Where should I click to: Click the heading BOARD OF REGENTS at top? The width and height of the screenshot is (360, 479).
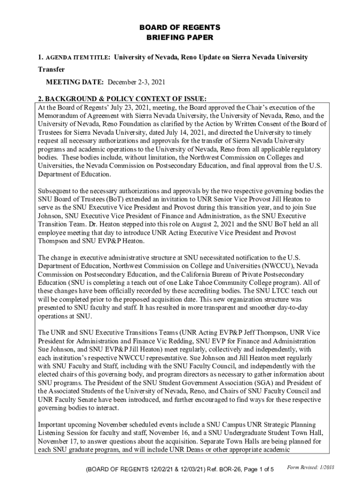click(x=180, y=28)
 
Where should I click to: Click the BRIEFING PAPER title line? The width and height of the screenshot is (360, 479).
click(x=180, y=37)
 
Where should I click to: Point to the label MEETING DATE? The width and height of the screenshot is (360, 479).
click(x=75, y=82)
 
